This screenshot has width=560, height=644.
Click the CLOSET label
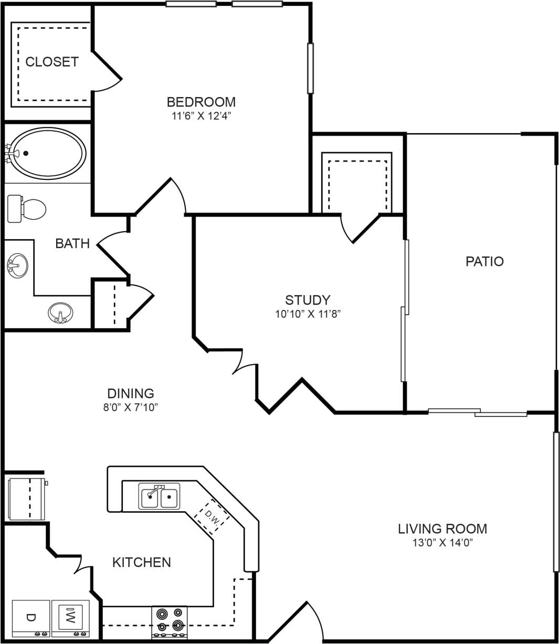pos(52,62)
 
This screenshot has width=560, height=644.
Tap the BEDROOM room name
pos(201,102)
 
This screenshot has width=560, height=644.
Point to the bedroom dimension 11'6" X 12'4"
pos(201,116)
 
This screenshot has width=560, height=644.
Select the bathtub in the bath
pos(48,153)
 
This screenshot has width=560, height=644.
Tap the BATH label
pos(72,243)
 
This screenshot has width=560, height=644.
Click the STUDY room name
pos(308,300)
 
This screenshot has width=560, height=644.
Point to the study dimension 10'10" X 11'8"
pos(308,314)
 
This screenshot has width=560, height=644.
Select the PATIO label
pos(484,261)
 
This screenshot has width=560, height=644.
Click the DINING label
pos(131,393)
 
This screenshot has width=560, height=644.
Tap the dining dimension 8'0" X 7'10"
pos(131,407)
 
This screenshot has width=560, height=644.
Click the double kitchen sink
pos(160,497)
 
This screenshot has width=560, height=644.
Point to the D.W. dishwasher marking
pos(212,517)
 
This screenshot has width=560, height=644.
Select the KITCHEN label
pos(142,562)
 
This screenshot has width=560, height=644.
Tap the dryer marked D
pos(30,618)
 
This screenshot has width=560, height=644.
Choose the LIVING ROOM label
pos(442,529)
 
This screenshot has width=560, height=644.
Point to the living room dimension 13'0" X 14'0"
pos(442,543)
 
